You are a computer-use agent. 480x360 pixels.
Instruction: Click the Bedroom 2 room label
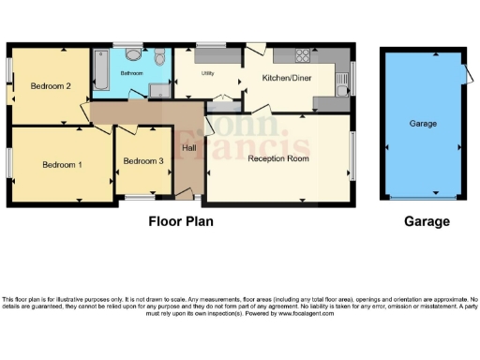click(51, 86)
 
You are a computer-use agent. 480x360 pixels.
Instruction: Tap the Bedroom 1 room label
click(62, 164)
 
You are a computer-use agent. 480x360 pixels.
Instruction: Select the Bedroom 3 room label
click(143, 161)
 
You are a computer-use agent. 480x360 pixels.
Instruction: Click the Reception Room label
click(278, 158)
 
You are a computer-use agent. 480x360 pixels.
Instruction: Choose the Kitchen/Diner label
click(288, 78)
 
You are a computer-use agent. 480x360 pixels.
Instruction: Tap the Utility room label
click(208, 72)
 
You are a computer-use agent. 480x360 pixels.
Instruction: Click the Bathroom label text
click(130, 71)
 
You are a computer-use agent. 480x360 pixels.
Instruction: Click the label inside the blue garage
click(423, 123)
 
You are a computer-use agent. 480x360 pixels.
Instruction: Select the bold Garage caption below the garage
click(427, 222)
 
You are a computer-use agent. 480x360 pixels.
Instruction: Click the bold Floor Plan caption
click(181, 222)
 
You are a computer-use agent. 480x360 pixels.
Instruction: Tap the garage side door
click(466, 75)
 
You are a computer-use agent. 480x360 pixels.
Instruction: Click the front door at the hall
click(190, 194)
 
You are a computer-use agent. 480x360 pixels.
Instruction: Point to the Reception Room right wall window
click(353, 155)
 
